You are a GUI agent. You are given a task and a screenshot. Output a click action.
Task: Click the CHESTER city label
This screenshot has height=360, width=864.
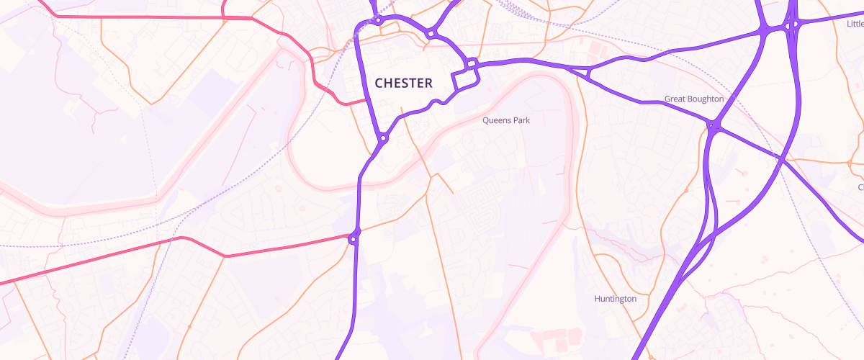(403, 84)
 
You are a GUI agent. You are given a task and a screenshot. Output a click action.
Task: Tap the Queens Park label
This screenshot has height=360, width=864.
(506, 120)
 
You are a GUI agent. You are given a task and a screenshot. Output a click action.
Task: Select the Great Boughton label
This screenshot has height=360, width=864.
(694, 99)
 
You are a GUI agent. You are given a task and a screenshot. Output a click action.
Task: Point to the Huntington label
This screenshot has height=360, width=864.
(616, 298)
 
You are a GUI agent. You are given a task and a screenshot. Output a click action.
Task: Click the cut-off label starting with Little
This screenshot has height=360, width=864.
(855, 24)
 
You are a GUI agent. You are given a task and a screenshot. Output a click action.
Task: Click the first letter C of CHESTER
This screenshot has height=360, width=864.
(379, 84)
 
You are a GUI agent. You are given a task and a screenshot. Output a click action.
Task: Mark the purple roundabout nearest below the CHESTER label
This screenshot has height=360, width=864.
(384, 138)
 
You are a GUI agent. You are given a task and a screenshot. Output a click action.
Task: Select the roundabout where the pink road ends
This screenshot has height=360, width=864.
(354, 238)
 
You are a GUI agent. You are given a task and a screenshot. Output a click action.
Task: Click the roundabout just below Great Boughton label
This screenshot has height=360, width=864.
(712, 127)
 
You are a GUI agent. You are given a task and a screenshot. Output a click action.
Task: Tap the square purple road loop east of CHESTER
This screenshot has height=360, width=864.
(465, 79)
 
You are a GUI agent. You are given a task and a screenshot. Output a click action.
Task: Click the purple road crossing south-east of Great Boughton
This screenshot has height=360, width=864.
(780, 158)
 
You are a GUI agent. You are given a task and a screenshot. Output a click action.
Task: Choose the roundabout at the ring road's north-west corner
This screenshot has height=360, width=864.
(378, 20)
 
